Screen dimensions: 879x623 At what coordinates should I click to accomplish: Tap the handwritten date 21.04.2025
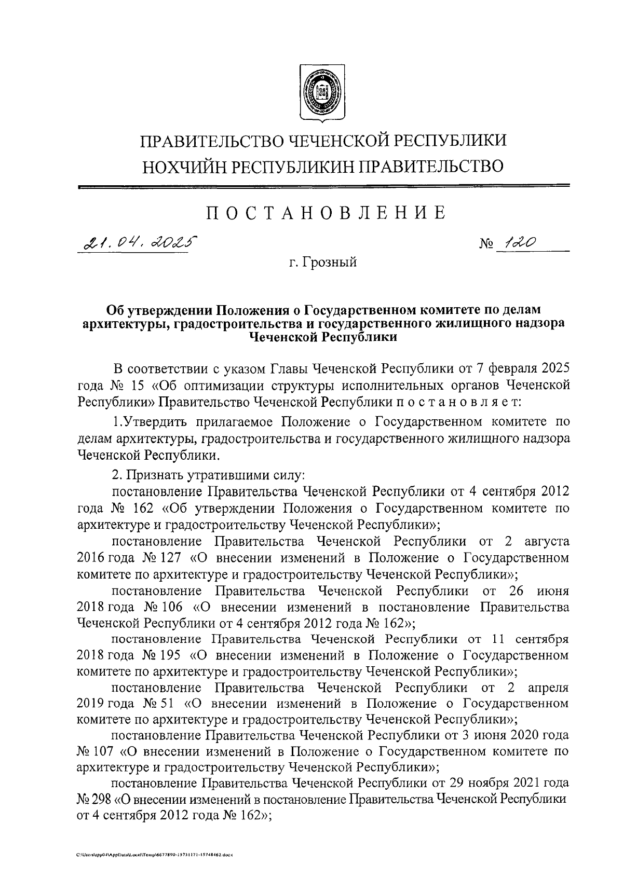click(x=138, y=242)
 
